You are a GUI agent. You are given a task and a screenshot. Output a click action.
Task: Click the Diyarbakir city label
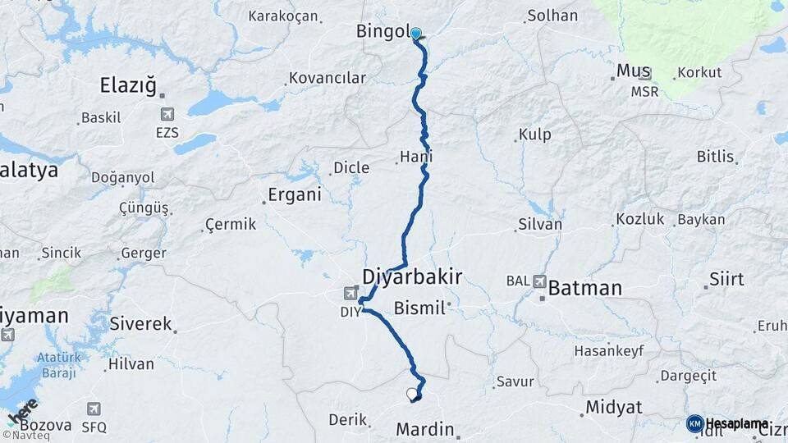[411, 276]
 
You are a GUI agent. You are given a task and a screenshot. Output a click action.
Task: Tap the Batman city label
[584, 288]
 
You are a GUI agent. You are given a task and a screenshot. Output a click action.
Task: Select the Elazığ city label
[127, 84]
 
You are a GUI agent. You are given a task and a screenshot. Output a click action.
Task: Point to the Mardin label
[425, 429]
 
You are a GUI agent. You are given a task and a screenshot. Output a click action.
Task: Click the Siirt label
[726, 279]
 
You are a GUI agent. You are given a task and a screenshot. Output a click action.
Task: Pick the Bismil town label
[419, 308]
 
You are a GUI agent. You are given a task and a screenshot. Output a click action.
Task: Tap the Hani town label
[416, 156]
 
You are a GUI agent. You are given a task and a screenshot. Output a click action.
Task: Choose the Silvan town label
[540, 224]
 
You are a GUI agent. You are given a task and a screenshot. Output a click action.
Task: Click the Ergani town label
[295, 196]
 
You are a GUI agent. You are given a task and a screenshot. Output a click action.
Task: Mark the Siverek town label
[140, 323]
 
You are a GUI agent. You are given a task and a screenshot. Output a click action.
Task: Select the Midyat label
[614, 407]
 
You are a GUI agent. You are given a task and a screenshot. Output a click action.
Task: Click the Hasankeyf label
[609, 350]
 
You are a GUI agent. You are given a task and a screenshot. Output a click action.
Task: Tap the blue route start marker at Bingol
[416, 34]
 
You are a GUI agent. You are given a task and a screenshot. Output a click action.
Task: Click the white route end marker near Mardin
[412, 394]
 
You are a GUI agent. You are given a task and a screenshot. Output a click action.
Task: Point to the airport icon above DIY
[351, 293]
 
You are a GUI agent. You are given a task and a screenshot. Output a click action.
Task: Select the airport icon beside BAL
[540, 281]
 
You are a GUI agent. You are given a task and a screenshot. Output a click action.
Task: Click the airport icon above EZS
[168, 114]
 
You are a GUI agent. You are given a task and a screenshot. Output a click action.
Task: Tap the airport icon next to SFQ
[94, 409]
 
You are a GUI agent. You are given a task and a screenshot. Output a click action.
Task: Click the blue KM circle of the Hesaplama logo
[694, 424]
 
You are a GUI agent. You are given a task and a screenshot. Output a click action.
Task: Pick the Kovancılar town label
[326, 79]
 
